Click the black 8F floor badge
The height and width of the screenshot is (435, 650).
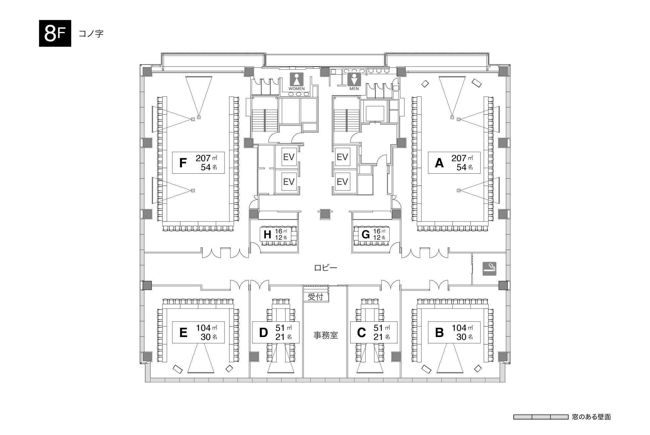(x=55, y=33)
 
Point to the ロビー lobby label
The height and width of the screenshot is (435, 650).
(x=326, y=268)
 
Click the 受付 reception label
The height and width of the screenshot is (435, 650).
(x=315, y=297)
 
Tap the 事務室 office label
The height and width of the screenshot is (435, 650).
(x=326, y=335)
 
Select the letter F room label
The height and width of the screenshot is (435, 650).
(x=183, y=163)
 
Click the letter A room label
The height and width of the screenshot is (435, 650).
(x=439, y=163)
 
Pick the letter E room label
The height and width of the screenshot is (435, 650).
(x=183, y=332)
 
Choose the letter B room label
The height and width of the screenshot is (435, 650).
(x=439, y=332)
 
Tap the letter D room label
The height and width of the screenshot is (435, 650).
(x=263, y=332)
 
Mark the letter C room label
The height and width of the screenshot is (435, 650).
(x=361, y=332)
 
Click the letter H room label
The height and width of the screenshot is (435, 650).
(x=267, y=234)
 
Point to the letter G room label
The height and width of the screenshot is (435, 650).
(x=365, y=234)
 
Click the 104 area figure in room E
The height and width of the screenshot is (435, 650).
(x=204, y=328)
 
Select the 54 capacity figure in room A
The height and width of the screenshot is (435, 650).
(x=462, y=167)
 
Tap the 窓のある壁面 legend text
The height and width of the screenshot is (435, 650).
(x=591, y=417)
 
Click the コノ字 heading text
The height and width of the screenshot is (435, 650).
(x=91, y=34)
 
